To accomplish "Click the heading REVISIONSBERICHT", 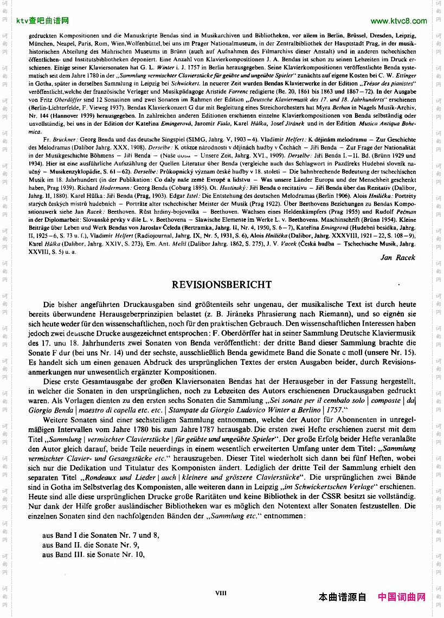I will (222, 285).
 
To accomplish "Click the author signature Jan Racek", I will (398, 258).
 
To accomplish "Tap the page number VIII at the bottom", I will (221, 593).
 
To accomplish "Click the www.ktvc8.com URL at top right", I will (398, 21).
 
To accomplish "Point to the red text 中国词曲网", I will (402, 597).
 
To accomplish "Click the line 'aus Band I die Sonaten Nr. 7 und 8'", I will (100, 535).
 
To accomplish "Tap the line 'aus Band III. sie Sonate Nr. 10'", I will (93, 555).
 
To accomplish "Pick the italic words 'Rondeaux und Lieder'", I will (125, 478).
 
